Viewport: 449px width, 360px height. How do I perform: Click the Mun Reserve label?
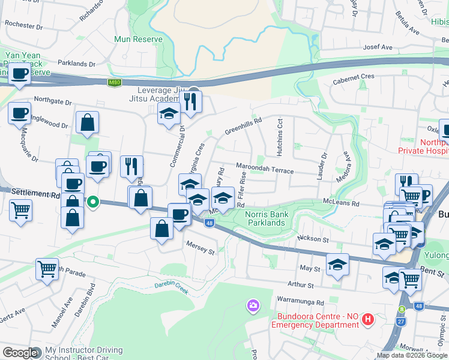click(x=139, y=39)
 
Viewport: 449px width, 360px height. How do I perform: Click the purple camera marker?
click(x=253, y=307)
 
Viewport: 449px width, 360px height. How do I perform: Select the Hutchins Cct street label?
click(x=280, y=134)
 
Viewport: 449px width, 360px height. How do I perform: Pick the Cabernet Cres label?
click(x=354, y=77)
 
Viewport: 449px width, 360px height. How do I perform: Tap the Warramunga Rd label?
click(x=300, y=302)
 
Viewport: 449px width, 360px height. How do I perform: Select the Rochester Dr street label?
click(x=24, y=26)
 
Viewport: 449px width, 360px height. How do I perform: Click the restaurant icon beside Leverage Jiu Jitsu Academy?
click(x=191, y=100)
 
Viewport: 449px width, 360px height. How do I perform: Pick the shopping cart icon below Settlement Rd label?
click(x=21, y=211)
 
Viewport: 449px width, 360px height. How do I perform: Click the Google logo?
click(x=20, y=353)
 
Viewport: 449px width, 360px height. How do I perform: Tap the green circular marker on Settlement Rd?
click(x=92, y=202)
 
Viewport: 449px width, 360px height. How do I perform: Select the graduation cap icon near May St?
click(x=337, y=265)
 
